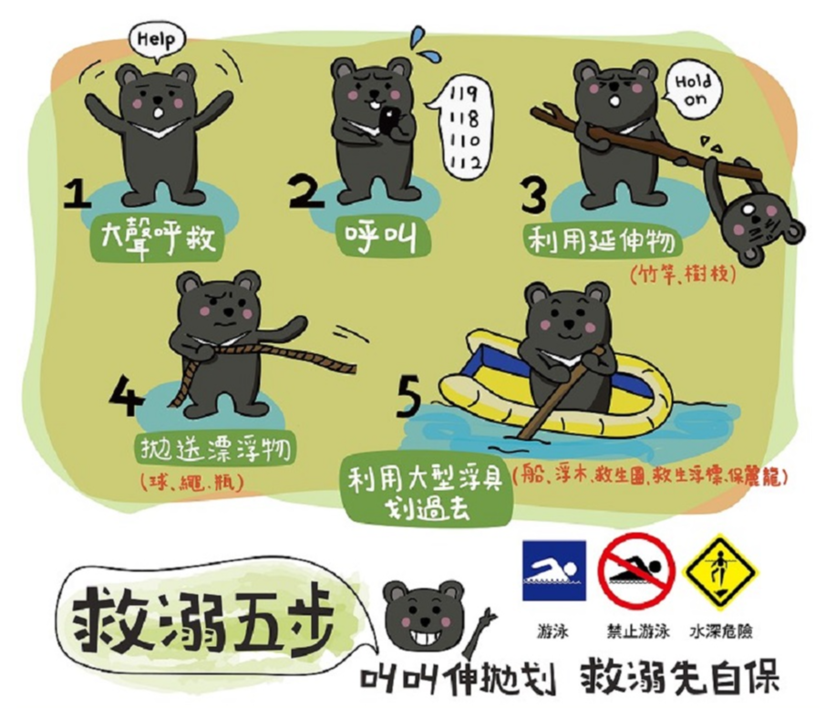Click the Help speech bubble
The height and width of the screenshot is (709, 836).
(x=158, y=40)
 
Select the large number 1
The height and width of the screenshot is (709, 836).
(x=77, y=194)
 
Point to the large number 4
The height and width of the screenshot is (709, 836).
(x=126, y=396)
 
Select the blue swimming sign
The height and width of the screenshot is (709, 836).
(x=554, y=570)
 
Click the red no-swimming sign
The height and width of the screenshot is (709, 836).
(x=636, y=570)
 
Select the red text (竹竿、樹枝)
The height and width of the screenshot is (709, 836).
(x=683, y=275)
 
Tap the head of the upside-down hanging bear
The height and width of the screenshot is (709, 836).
(x=760, y=225)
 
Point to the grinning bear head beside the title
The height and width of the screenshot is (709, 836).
(x=423, y=613)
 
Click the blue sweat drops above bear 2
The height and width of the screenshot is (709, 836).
(x=425, y=45)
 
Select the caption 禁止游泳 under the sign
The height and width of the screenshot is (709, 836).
(x=638, y=631)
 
